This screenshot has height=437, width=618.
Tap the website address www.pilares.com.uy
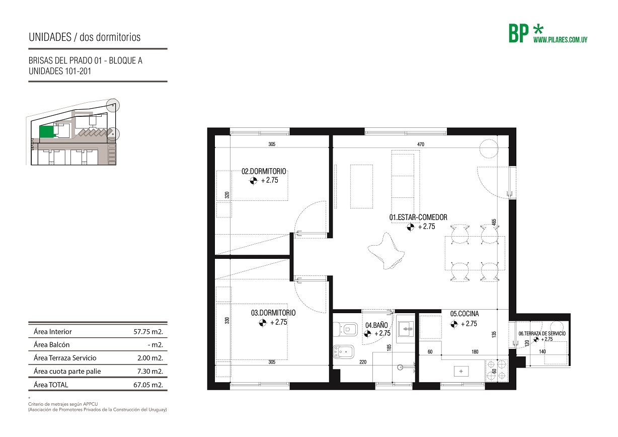pos(560,40)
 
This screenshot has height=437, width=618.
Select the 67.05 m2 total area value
pos(148,385)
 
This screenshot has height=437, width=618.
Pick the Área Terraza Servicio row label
pos(65,358)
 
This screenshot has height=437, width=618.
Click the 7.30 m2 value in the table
pos(150,371)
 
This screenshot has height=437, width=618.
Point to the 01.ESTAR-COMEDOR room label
pos(418,217)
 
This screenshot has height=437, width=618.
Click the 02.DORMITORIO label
pos(264,172)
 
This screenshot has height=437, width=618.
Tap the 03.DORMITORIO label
pos(273,313)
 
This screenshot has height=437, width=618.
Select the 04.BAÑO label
pos(376,325)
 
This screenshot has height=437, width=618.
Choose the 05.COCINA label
pos(465,314)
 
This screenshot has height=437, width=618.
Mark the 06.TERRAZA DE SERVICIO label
pos(542,333)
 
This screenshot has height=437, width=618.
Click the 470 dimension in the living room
pos(421,144)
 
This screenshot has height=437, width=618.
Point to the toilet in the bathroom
pos(345,329)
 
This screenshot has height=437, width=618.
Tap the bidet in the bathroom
pos(344,352)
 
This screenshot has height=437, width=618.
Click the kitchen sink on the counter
pos(461,371)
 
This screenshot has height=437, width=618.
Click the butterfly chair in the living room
pos(387,251)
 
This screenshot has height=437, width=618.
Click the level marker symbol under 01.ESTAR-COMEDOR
pos(411,227)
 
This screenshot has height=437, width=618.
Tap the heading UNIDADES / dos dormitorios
pos(85,37)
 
